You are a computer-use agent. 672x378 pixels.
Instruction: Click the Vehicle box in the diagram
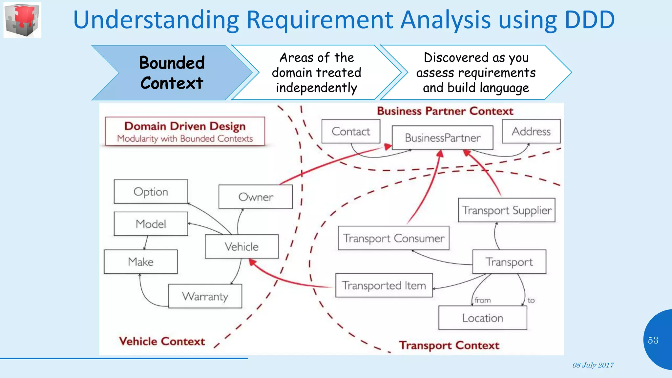coord(241,246)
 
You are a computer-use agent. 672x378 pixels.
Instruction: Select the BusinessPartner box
coord(442,137)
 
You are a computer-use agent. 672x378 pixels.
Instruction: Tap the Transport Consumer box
coord(393,238)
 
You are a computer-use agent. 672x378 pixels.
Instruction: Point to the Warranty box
coord(205,296)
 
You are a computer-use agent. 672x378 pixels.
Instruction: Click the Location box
coord(482,318)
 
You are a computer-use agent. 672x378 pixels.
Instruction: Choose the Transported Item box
coord(384,285)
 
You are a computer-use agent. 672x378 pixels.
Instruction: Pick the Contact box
coord(350,131)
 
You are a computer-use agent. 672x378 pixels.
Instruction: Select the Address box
coord(531,131)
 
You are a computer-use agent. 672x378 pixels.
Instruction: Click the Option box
coord(151,192)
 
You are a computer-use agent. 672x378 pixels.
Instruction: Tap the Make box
coord(140,262)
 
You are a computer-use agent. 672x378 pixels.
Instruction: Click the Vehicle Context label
coord(162,341)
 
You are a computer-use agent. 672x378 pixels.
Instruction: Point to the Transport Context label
coord(449,345)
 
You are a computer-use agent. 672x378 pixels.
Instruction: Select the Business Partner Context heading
coord(445,111)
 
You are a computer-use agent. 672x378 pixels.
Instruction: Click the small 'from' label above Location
coord(482,300)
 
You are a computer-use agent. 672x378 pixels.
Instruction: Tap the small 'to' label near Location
coord(531,300)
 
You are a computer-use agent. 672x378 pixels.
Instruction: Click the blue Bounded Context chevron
coord(172,73)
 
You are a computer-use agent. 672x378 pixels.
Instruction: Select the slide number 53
coord(653,340)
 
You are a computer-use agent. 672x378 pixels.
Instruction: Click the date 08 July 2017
coord(593,365)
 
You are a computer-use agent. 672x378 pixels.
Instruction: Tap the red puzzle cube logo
coord(22,20)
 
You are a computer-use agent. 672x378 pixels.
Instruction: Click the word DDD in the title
coord(589,20)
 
